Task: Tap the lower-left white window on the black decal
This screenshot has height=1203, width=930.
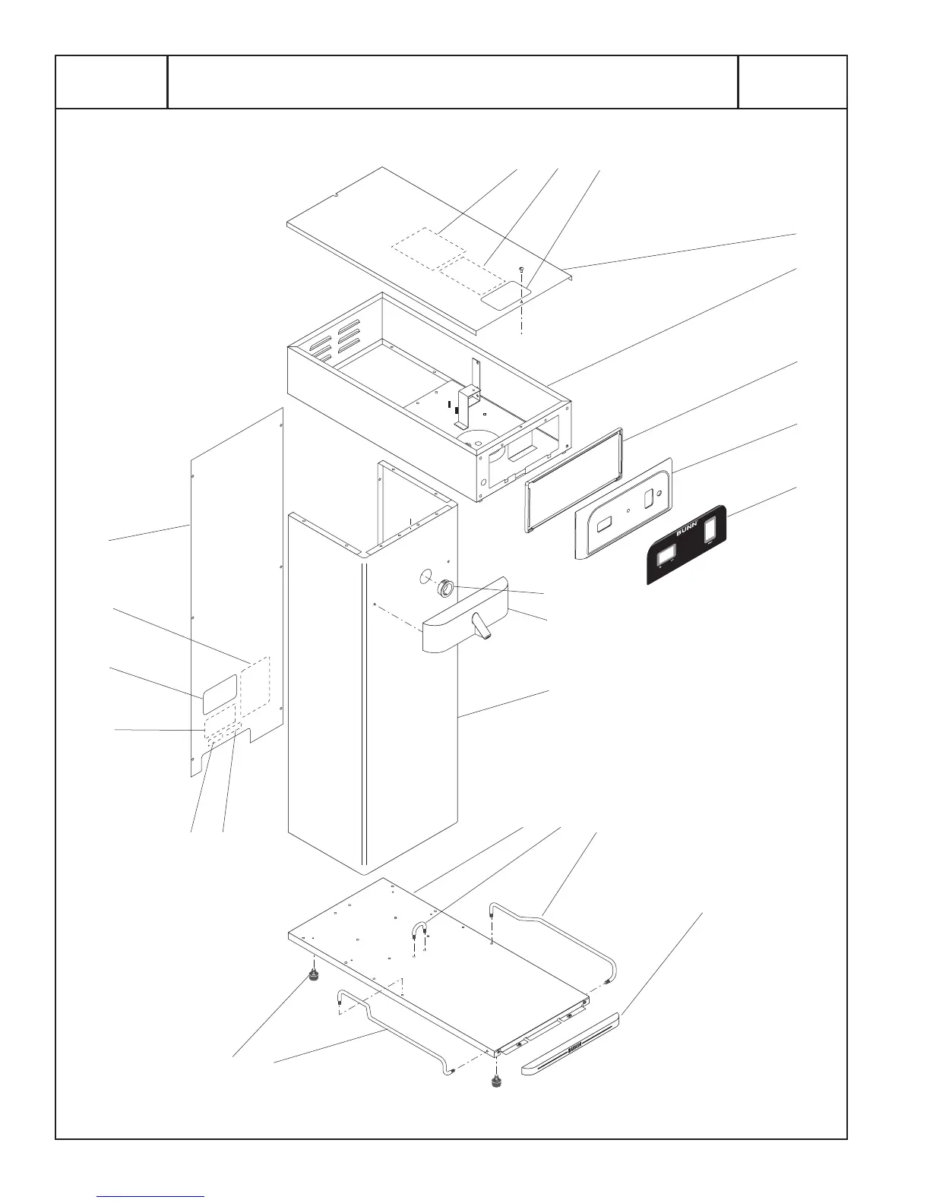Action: (x=666, y=556)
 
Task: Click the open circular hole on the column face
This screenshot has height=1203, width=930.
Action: (x=425, y=576)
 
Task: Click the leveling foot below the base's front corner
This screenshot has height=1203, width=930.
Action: (x=498, y=1082)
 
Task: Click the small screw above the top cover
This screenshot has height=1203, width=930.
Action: (x=521, y=270)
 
